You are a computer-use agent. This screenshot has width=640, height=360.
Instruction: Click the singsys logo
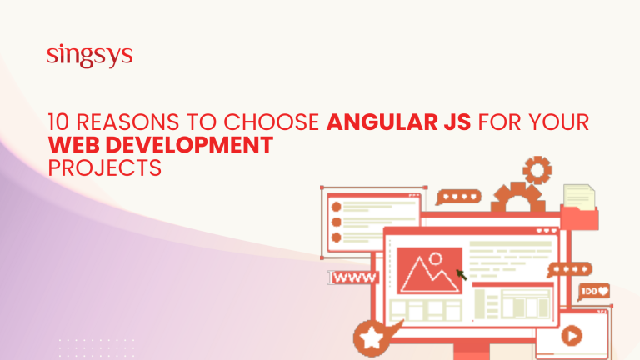click(x=90, y=57)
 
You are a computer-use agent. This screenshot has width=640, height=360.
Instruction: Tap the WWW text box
click(x=354, y=277)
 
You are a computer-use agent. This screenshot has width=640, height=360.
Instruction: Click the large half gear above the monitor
click(x=517, y=200)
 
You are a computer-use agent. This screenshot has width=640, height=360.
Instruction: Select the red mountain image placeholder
click(x=430, y=268)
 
